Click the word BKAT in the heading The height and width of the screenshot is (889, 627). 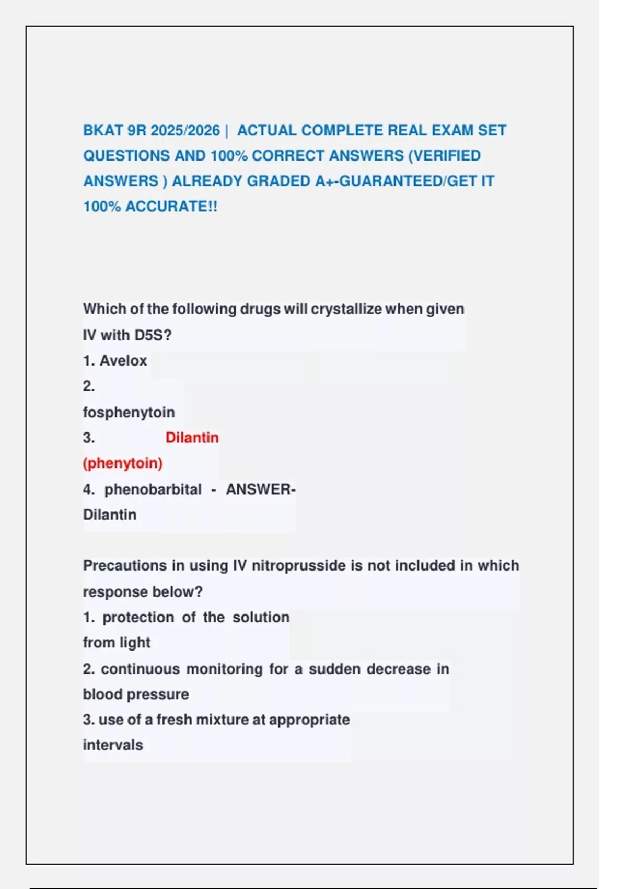coord(103,130)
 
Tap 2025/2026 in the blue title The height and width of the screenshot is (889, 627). coord(185,130)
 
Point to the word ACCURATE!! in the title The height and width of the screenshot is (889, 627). coord(171,207)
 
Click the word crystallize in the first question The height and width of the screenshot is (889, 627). coord(346,309)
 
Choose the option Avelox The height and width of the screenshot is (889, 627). coord(123,361)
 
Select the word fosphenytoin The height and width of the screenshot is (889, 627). coord(129,412)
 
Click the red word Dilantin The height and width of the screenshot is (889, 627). coord(192,438)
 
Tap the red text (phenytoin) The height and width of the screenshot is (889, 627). coord(123,463)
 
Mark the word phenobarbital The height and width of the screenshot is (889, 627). coord(153,489)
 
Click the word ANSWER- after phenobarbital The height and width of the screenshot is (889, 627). coord(260,489)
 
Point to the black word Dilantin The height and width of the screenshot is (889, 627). coord(110,515)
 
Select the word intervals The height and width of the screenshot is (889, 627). coord(113,745)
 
